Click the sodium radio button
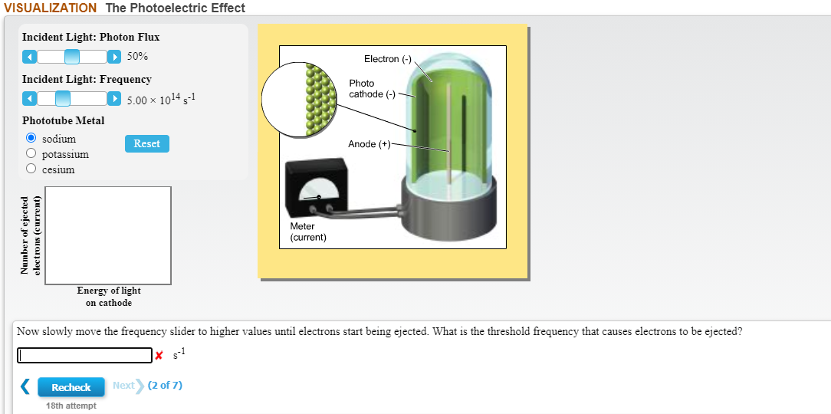coord(31,139)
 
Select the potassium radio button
coord(31,154)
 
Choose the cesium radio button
coord(31,169)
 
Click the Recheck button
coord(71,387)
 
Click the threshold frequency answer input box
coord(85,356)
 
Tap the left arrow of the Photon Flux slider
coord(28,57)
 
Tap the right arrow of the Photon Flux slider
coord(115,57)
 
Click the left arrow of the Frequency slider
coord(28,98)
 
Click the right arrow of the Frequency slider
coord(115,98)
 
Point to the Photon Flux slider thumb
coord(71,57)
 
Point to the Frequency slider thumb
coord(63,98)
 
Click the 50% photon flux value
coord(138,57)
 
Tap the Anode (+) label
coord(370,144)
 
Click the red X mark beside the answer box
coord(159,356)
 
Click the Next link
coord(123,385)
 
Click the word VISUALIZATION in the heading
coord(50,8)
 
